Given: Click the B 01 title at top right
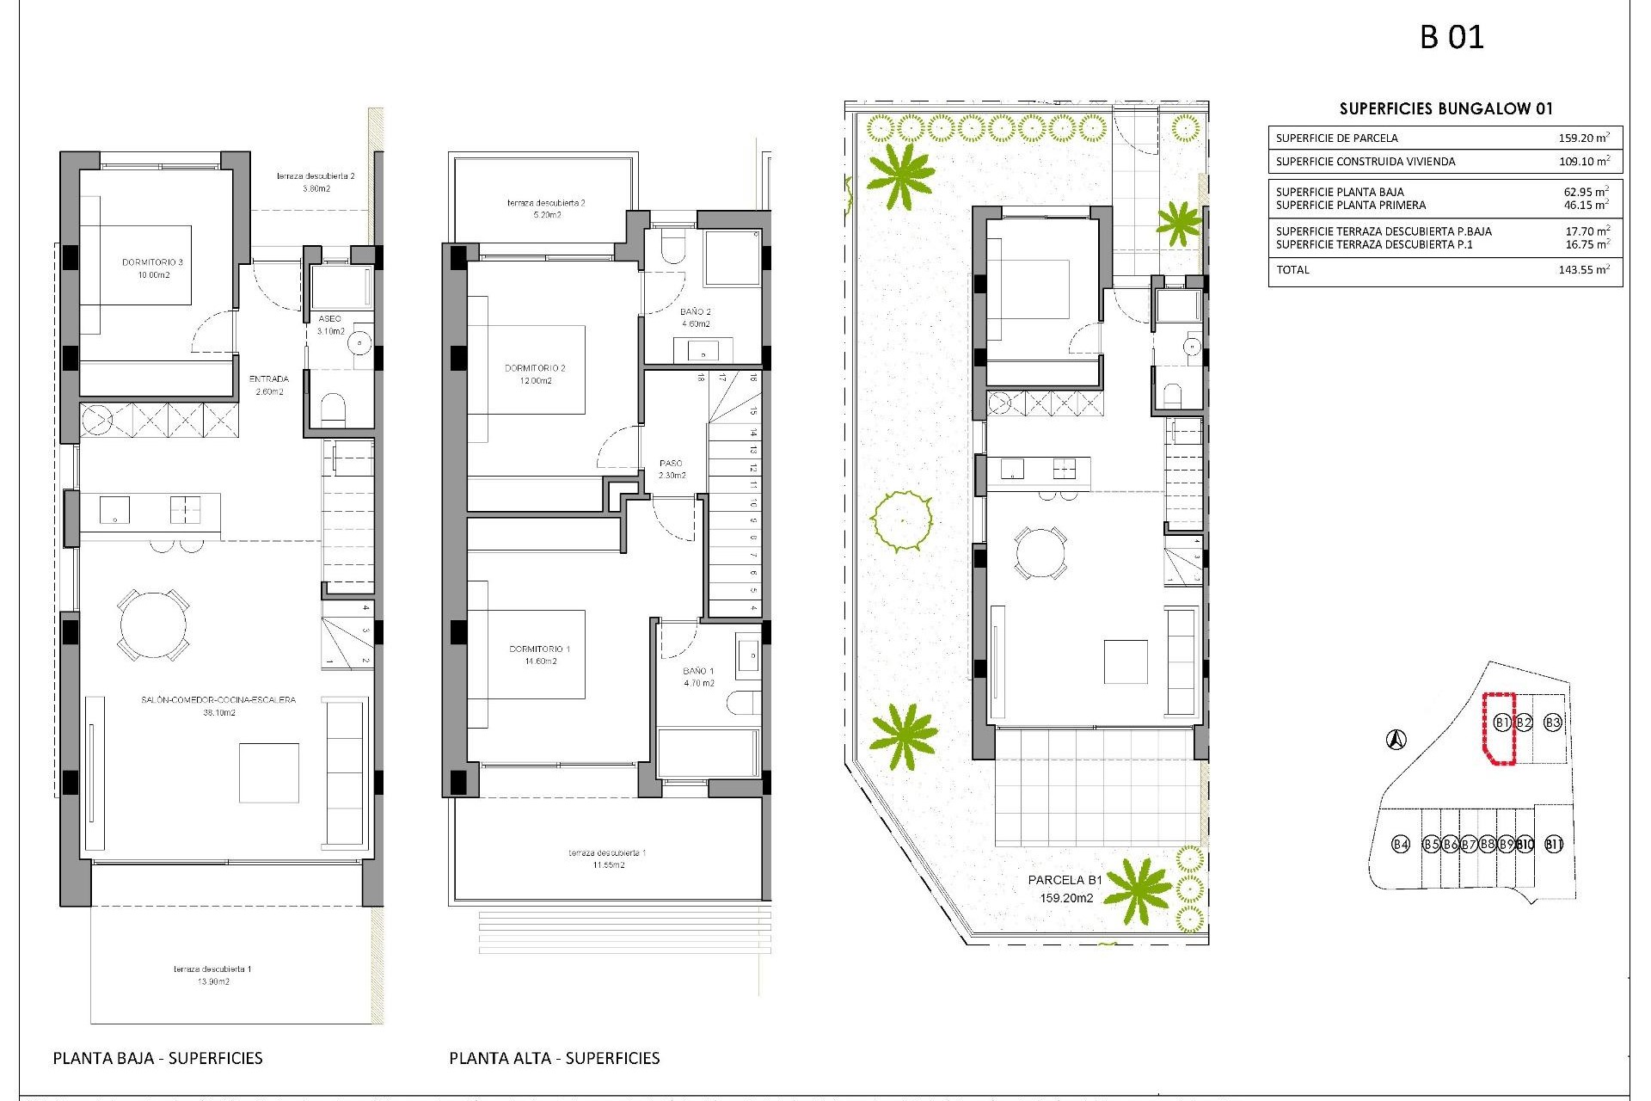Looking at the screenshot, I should coord(1452,37).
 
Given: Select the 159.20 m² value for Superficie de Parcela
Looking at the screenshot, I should coord(1583,138).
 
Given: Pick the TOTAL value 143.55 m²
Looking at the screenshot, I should coord(1583,270).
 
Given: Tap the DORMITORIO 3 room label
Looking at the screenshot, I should coord(152,262).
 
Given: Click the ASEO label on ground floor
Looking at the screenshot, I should coord(329,319).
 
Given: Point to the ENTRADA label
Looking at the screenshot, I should coord(269,379).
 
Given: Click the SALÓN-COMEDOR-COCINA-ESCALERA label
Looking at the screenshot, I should coord(218,700).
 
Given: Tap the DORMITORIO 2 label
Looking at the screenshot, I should coord(535,368).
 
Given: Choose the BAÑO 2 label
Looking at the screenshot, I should coord(696,312).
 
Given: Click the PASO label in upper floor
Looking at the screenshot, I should coord(671,464).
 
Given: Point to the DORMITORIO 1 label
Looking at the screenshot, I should coord(540,649).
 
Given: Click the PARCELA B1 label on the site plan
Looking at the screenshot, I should coord(1065,880).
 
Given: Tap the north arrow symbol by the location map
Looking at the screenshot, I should coord(1396,739).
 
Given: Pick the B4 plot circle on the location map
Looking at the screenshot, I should coord(1401,844).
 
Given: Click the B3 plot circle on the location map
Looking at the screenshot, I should coord(1552,723).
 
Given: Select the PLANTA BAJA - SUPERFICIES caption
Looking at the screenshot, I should coord(158,1058).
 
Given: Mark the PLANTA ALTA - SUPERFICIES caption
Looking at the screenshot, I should coord(555,1058).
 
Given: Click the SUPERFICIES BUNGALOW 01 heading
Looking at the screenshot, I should coord(1445,109).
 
